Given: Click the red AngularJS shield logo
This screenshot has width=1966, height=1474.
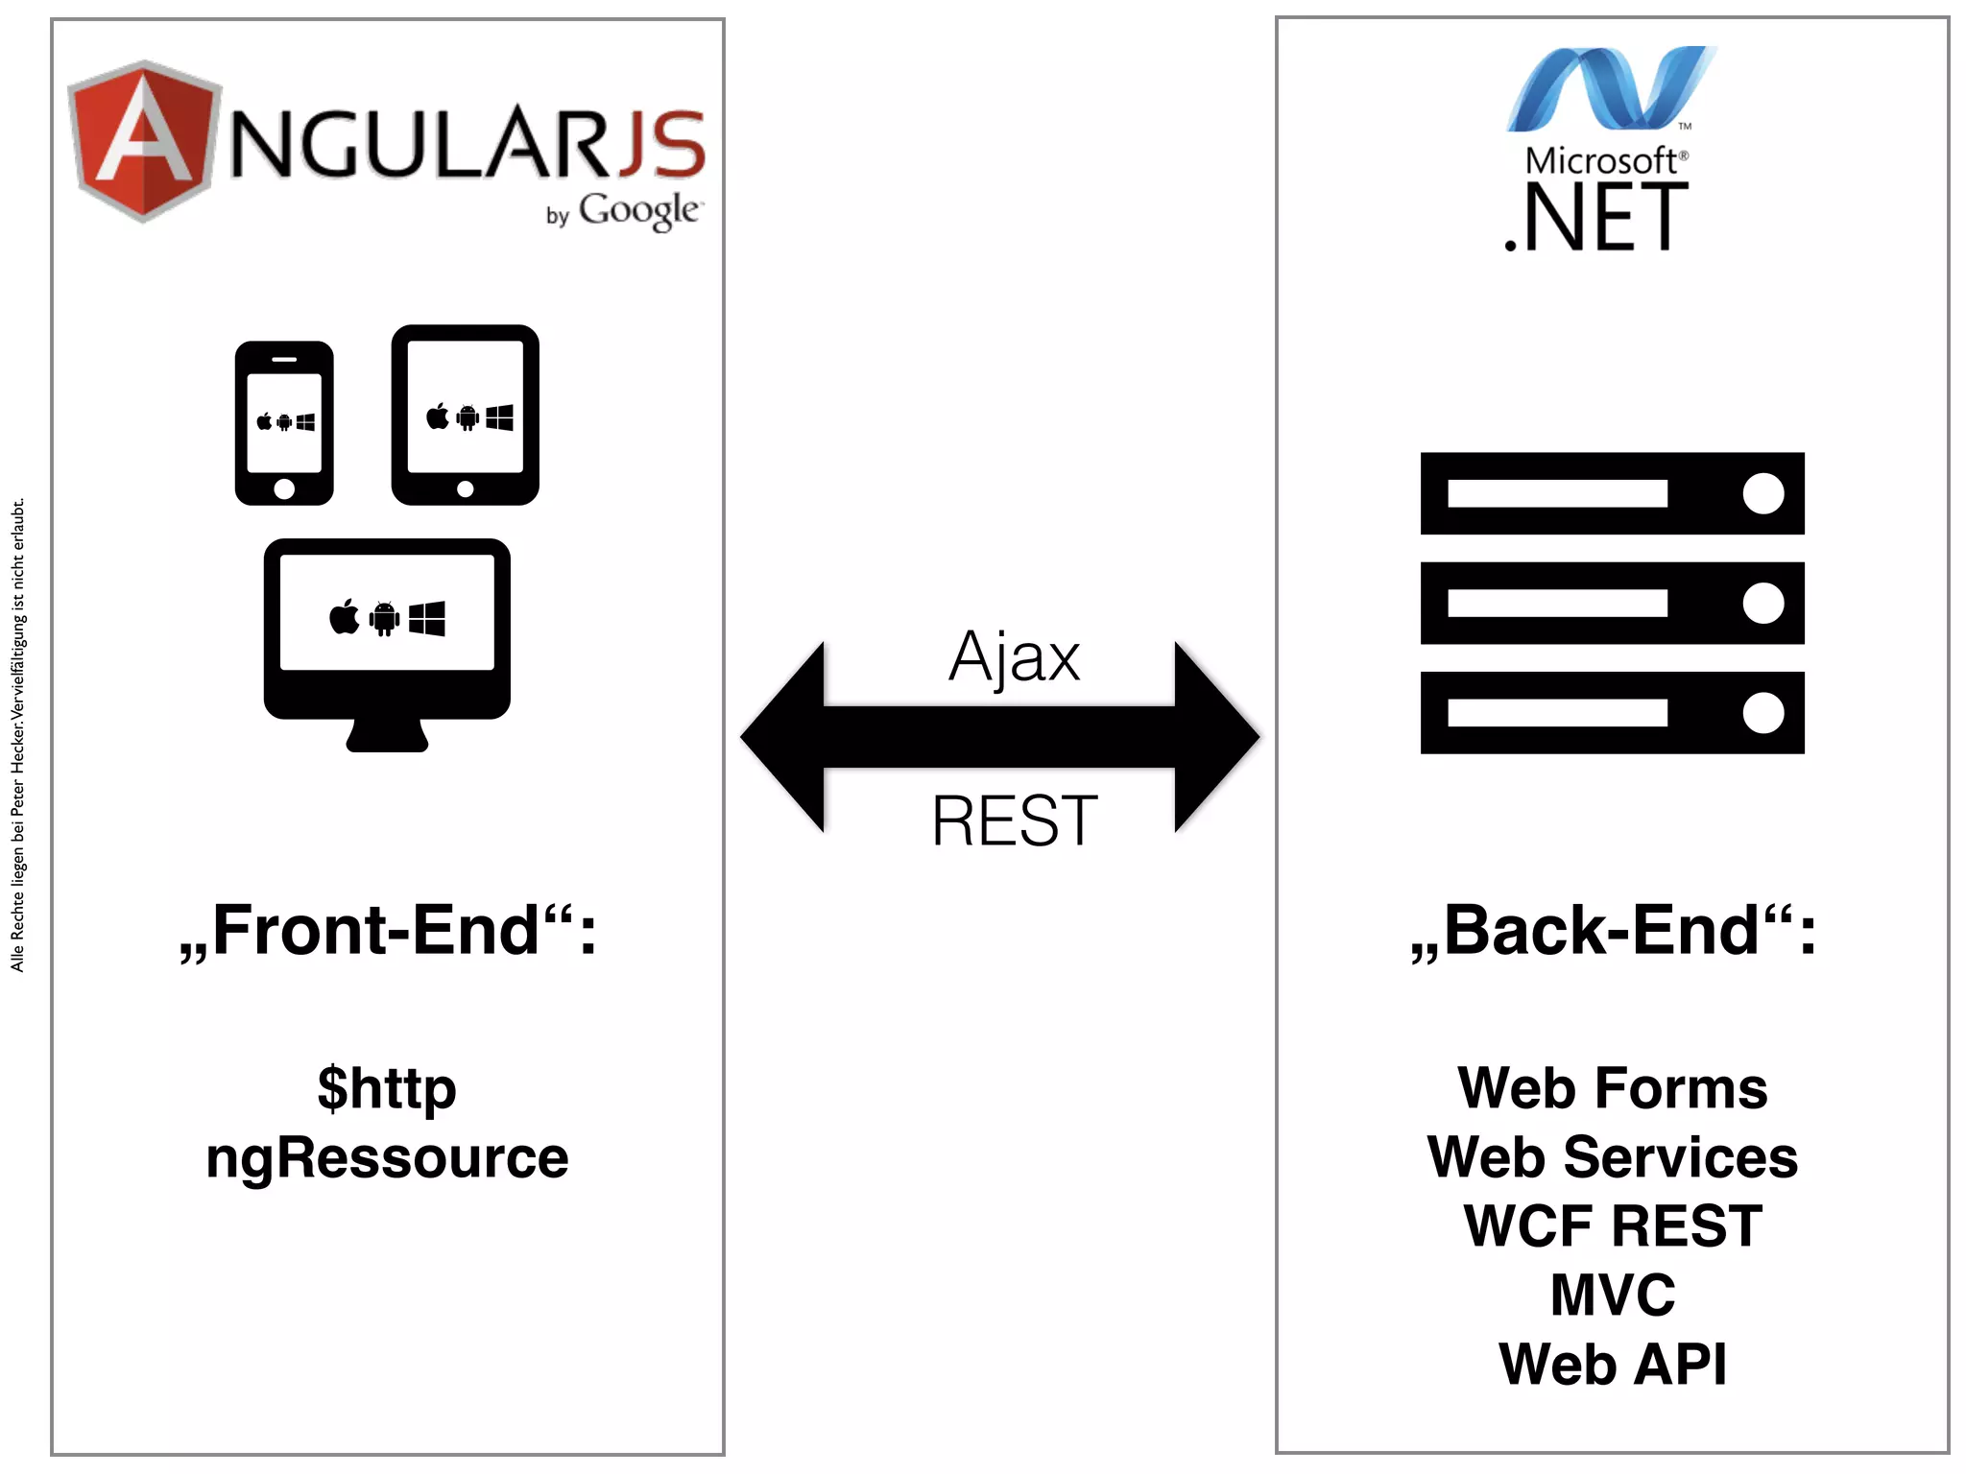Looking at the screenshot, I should (x=144, y=142).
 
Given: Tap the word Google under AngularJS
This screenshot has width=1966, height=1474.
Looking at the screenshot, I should (x=639, y=210).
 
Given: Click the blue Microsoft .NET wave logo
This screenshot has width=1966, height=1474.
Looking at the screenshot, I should (x=1611, y=88).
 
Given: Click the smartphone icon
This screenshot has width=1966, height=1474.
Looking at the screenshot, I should (x=284, y=422).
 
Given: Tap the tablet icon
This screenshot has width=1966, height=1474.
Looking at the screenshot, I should (x=466, y=415).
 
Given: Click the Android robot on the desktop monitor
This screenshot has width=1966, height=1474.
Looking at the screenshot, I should (x=384, y=618).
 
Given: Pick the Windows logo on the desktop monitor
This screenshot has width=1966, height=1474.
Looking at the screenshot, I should (x=427, y=618).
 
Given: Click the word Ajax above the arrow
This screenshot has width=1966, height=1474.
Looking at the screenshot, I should (x=1015, y=658).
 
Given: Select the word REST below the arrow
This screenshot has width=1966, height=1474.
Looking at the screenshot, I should (x=1015, y=821).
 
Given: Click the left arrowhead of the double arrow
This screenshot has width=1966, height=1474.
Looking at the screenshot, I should (x=783, y=737).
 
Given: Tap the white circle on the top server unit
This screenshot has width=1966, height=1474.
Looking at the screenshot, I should (x=1763, y=493).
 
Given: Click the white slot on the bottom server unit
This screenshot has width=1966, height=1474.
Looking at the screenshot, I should (x=1557, y=713).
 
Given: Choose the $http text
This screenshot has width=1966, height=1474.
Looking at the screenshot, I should (x=387, y=1088).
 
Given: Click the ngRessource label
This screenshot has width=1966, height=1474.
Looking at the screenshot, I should (x=387, y=1157).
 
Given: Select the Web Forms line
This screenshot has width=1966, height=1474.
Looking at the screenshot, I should (x=1613, y=1088).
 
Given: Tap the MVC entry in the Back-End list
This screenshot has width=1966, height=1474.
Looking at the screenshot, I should (x=1613, y=1296).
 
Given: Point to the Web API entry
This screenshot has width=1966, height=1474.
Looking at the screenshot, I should (x=1613, y=1365).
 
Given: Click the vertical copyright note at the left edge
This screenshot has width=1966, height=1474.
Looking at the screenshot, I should (x=17, y=735).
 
